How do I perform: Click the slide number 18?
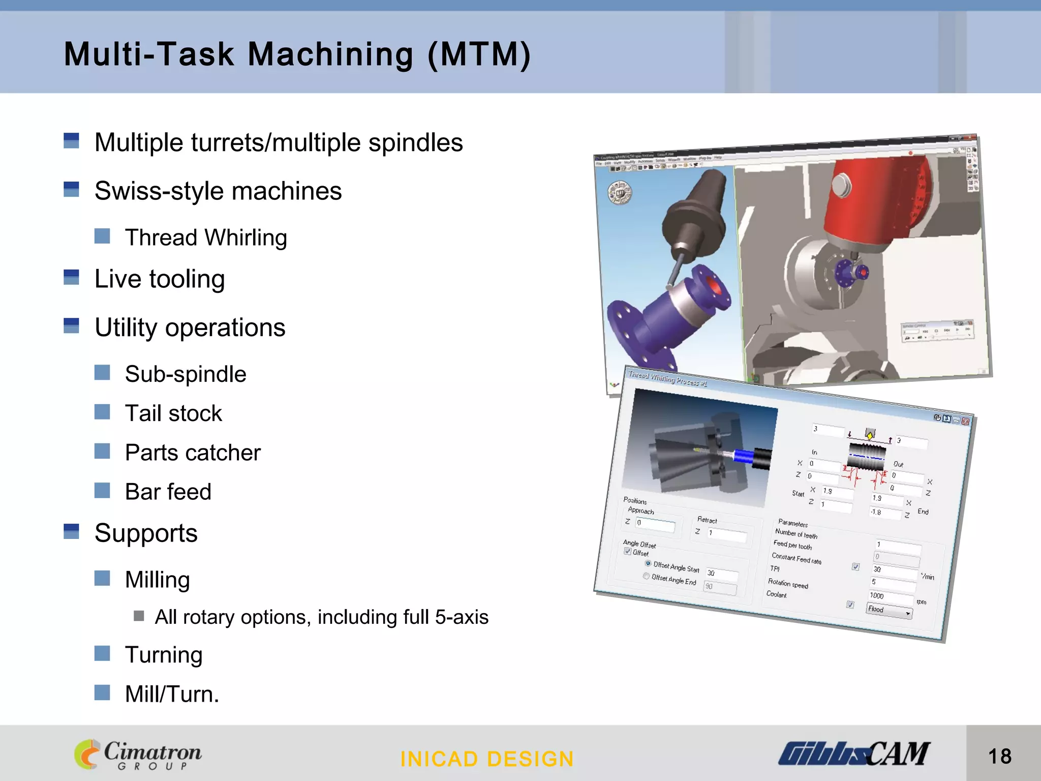click(x=1000, y=756)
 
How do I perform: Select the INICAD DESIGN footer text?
click(x=487, y=759)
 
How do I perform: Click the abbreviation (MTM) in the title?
click(x=479, y=54)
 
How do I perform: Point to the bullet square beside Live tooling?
click(x=71, y=277)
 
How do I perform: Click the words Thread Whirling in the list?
click(x=206, y=237)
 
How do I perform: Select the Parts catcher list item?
click(x=193, y=453)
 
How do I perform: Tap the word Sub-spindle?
click(x=186, y=374)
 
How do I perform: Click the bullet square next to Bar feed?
click(x=102, y=491)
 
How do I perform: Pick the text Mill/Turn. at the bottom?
click(x=172, y=694)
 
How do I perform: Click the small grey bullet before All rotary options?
click(x=139, y=616)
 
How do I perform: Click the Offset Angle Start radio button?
click(x=648, y=563)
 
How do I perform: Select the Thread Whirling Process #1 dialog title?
click(x=667, y=379)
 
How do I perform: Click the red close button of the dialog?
click(x=965, y=421)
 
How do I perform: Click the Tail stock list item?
click(x=173, y=413)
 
